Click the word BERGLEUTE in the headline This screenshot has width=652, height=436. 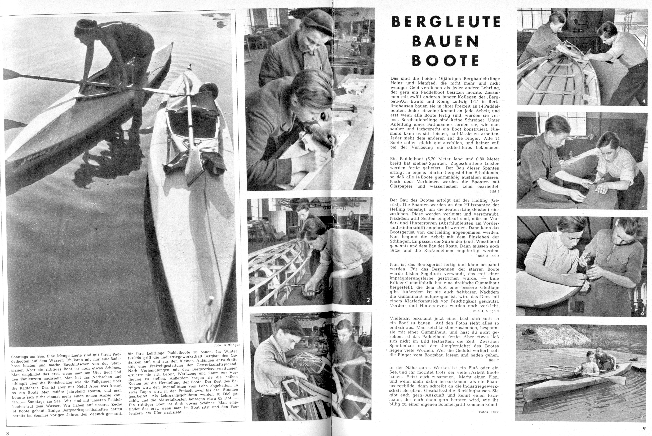point(446,22)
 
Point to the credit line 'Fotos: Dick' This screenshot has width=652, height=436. point(489,412)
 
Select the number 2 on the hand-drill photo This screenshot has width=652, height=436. point(368,300)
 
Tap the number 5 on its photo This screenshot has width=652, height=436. point(643,205)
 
